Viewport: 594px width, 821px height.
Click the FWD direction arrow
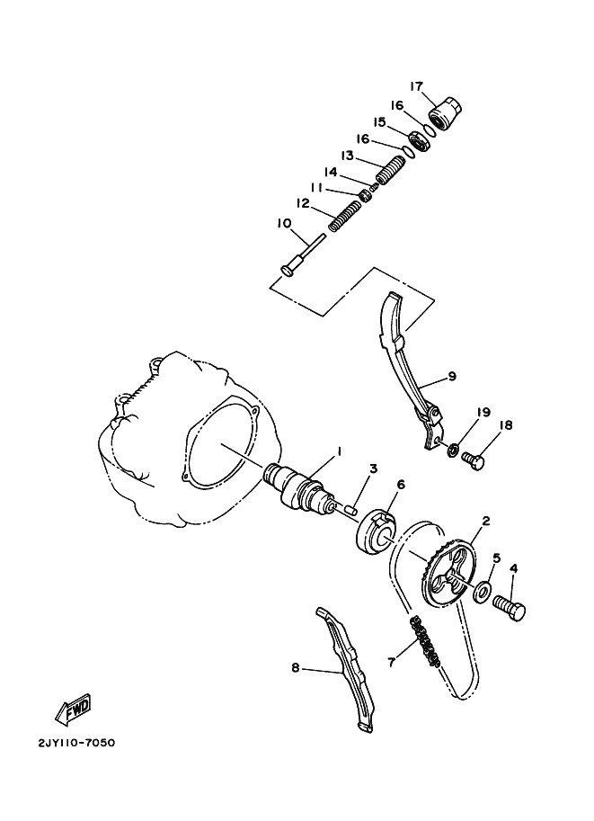pyautogui.click(x=74, y=711)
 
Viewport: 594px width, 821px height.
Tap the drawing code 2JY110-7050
pyautogui.click(x=75, y=743)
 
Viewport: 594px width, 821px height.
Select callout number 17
pyautogui.click(x=416, y=86)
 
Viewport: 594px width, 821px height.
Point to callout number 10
pyautogui.click(x=284, y=223)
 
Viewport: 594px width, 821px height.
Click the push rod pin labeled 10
pyautogui.click(x=303, y=254)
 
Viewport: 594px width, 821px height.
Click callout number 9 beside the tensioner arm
pyautogui.click(x=452, y=376)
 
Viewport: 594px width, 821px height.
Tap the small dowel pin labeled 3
pyautogui.click(x=350, y=508)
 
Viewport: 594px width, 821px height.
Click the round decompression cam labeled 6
pyautogui.click(x=376, y=532)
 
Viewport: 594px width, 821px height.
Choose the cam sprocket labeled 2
pyautogui.click(x=448, y=576)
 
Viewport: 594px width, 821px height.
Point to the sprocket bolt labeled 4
pyautogui.click(x=509, y=609)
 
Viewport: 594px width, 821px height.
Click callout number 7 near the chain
pyautogui.click(x=391, y=661)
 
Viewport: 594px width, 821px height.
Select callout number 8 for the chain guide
pyautogui.click(x=296, y=667)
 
